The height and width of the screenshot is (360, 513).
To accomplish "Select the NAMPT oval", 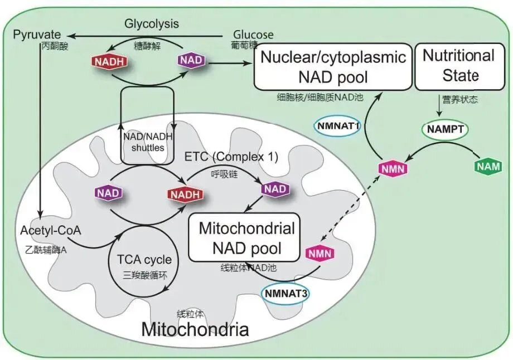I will click(444, 129).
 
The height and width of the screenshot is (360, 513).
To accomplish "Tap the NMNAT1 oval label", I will click(338, 125).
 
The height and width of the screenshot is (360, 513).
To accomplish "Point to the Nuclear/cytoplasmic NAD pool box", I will click(333, 66).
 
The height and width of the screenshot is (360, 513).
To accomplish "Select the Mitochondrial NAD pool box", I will click(246, 237).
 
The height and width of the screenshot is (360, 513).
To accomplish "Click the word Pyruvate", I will click(36, 35).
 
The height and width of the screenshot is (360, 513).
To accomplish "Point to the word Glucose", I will click(253, 35).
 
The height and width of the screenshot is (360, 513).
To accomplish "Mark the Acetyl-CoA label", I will click(50, 231).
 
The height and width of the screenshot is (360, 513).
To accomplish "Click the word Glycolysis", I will click(152, 23).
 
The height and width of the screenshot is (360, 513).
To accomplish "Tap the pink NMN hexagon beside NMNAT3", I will click(321, 254).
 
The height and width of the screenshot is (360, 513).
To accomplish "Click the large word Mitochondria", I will click(195, 329).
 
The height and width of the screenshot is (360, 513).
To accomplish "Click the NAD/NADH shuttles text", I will click(148, 142).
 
